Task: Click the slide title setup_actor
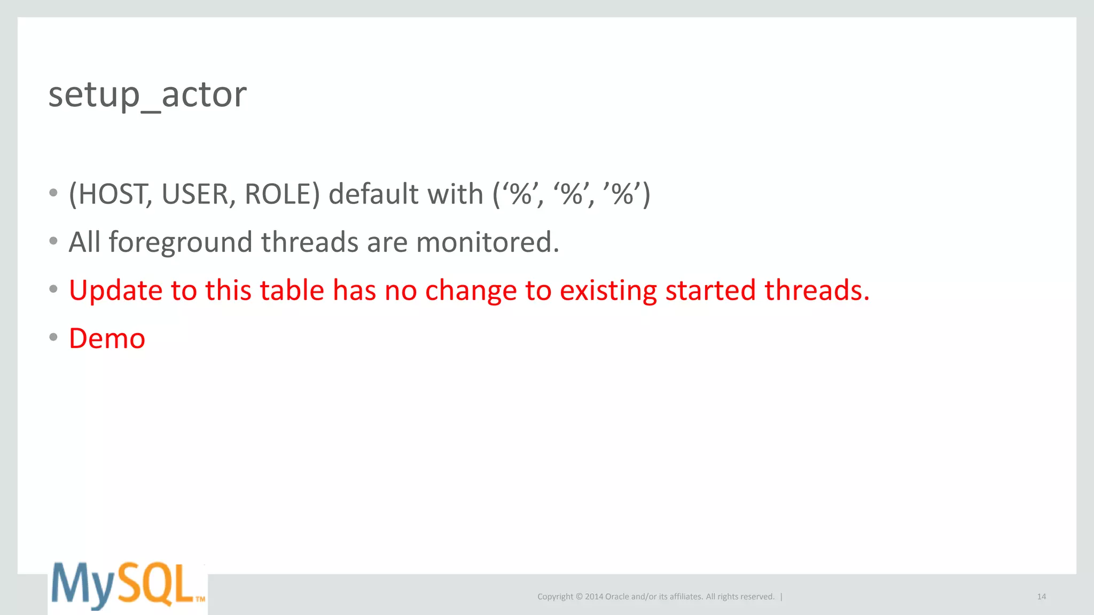click(x=147, y=95)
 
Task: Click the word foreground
click(x=180, y=243)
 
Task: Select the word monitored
click(x=487, y=243)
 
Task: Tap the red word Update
click(x=115, y=291)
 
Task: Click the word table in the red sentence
click(x=292, y=291)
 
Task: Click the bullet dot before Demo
click(x=53, y=337)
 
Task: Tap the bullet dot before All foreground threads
click(x=53, y=241)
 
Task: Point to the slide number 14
click(x=1041, y=597)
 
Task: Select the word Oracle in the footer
click(x=617, y=597)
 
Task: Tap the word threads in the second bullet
click(x=309, y=243)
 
